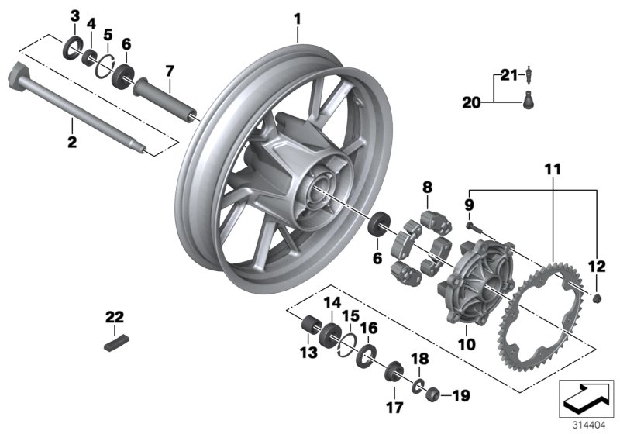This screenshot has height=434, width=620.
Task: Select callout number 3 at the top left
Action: pyautogui.click(x=74, y=16)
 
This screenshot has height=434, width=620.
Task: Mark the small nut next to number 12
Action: pyautogui.click(x=598, y=298)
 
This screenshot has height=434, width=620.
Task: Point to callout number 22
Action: pyautogui.click(x=114, y=316)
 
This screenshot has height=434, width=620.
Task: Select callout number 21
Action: pyautogui.click(x=507, y=75)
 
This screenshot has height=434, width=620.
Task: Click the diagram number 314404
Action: pyautogui.click(x=590, y=422)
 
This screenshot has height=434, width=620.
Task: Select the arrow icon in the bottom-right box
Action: pyautogui.click(x=587, y=397)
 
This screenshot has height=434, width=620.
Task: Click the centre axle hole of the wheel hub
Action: pyautogui.click(x=320, y=191)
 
